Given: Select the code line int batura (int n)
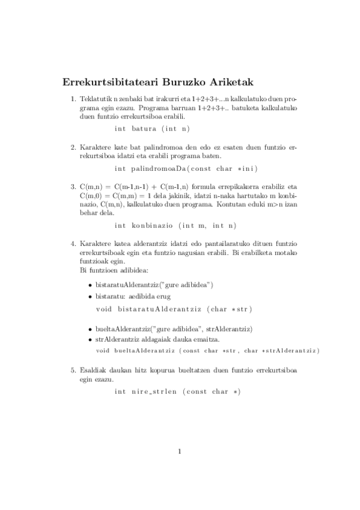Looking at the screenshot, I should [x=151, y=129].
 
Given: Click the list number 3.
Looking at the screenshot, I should [x=73, y=187].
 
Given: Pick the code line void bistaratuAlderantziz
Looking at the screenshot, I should [x=174, y=309].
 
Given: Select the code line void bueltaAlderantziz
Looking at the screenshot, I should [x=207, y=350].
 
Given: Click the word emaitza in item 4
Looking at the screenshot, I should [x=200, y=340].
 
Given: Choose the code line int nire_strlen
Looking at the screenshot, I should [x=177, y=392].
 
